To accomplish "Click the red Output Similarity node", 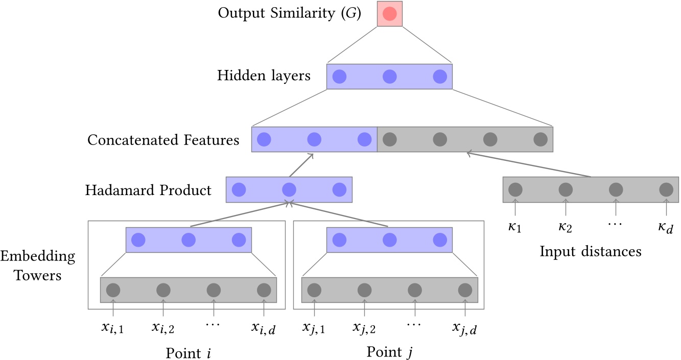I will pyautogui.click(x=389, y=14).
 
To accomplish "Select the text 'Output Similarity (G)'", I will pyautogui.click(x=289, y=13).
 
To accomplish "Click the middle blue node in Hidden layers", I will pyautogui.click(x=389, y=77).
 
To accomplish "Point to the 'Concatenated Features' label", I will pyautogui.click(x=163, y=139).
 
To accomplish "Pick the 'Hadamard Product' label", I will pyautogui.click(x=149, y=190).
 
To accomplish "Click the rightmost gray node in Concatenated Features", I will pyautogui.click(x=540, y=139).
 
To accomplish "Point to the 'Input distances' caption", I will pyautogui.click(x=591, y=251).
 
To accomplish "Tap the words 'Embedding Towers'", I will pyautogui.click(x=38, y=266).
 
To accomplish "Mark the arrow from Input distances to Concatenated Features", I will pyautogui.click(x=529, y=164).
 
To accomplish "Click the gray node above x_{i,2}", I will pyautogui.click(x=163, y=290).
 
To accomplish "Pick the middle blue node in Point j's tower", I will pyautogui.click(x=389, y=239).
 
